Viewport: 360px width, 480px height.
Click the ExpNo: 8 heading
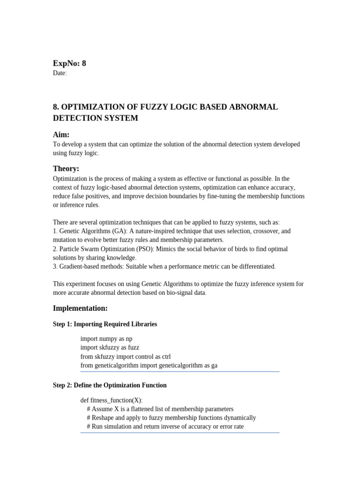tap(69, 63)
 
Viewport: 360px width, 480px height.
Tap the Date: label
tap(60, 73)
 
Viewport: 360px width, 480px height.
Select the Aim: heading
tap(61, 135)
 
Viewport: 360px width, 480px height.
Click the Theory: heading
tap(66, 169)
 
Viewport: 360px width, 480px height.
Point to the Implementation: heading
tap(80, 308)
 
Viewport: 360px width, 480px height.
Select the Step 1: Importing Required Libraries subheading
tap(105, 324)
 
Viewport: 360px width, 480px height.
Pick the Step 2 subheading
tap(110, 385)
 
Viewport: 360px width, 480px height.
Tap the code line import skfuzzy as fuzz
tap(110, 347)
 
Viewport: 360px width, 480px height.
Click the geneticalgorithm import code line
tap(149, 365)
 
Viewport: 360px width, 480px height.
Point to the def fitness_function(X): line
tap(112, 400)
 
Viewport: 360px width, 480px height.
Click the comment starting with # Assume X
tap(160, 409)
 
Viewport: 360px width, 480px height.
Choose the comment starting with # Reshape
tap(171, 418)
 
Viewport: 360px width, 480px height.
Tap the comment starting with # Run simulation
tap(165, 427)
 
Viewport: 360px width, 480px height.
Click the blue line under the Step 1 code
tap(180, 372)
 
